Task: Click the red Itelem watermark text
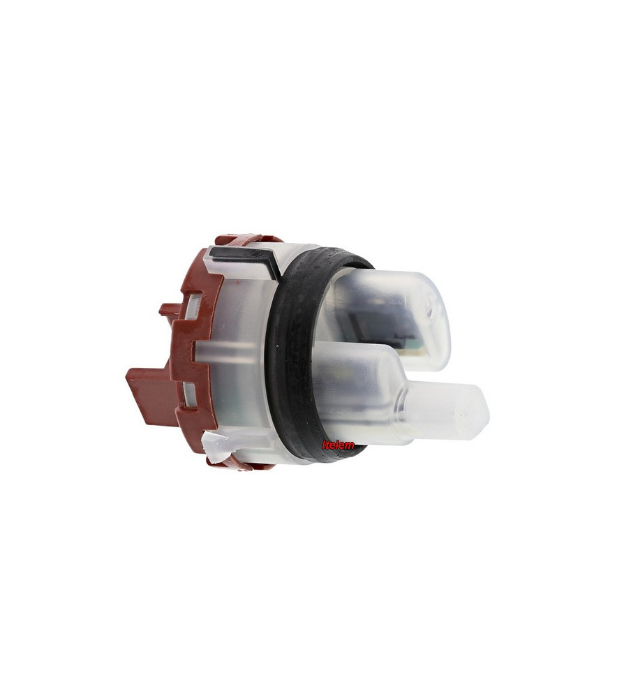click(x=338, y=444)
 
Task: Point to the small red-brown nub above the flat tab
click(x=168, y=310)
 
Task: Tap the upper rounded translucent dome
click(x=392, y=311)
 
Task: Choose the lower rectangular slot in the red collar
click(x=190, y=392)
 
